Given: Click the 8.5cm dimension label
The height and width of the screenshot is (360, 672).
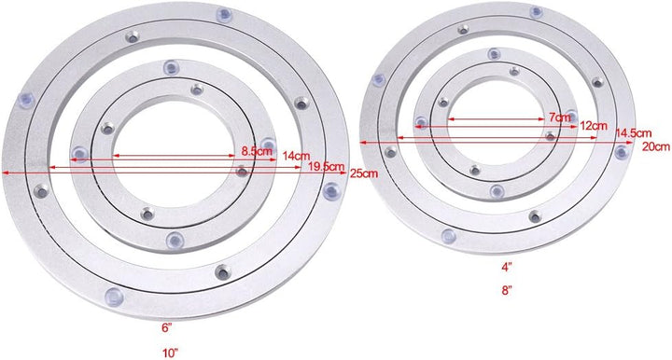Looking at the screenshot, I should pyautogui.click(x=250, y=150).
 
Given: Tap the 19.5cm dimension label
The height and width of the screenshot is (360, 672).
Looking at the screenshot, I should pyautogui.click(x=310, y=165).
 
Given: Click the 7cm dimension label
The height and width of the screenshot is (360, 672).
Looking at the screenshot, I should pyautogui.click(x=559, y=118).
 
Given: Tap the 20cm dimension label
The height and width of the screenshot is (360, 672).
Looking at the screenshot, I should pyautogui.click(x=654, y=146).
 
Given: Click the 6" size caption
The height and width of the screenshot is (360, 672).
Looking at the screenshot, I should pyautogui.click(x=166, y=328).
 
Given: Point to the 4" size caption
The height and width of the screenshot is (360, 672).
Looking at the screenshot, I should pyautogui.click(x=506, y=267).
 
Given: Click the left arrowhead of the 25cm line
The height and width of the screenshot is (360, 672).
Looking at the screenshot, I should pyautogui.click(x=6, y=173).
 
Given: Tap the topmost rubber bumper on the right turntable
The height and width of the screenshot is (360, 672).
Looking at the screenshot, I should pyautogui.click(x=537, y=12).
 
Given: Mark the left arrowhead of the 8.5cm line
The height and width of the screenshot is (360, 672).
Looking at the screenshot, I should pyautogui.click(x=116, y=157).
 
